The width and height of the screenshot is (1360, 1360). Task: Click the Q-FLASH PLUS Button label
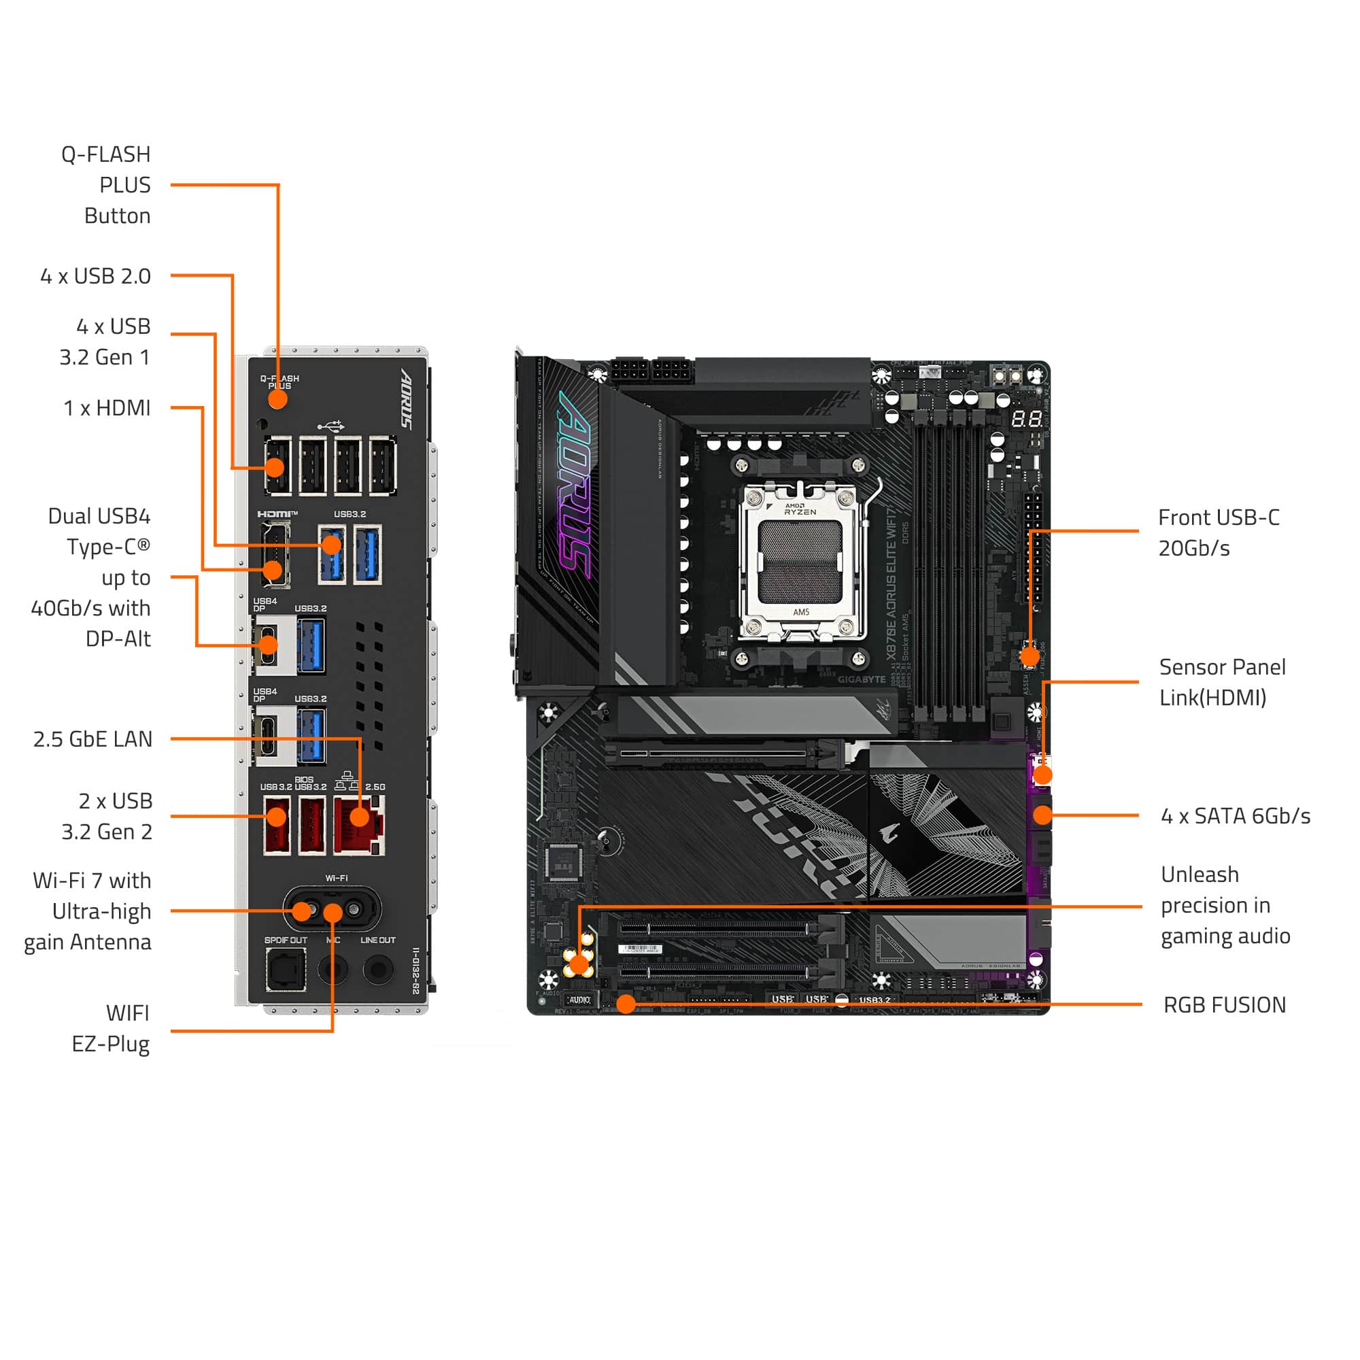(x=106, y=185)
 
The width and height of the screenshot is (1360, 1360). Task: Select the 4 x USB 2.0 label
(x=96, y=276)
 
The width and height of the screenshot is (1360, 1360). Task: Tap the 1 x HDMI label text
(x=107, y=407)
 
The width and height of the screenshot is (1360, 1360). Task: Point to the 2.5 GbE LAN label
(x=93, y=739)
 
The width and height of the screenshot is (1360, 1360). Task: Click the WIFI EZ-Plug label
(x=111, y=1028)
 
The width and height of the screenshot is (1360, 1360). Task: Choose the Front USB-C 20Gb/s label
(x=1219, y=533)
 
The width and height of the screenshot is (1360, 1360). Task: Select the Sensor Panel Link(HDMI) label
(x=1221, y=682)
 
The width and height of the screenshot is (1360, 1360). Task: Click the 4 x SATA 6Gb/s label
(x=1235, y=816)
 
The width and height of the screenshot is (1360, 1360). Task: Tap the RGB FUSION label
(x=1224, y=1005)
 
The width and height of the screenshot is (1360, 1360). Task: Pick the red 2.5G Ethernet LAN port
(x=360, y=824)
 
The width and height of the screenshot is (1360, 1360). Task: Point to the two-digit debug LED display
(x=1027, y=420)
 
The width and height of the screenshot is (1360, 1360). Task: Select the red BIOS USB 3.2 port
(x=312, y=824)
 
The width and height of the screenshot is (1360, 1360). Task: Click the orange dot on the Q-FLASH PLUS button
(x=278, y=399)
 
